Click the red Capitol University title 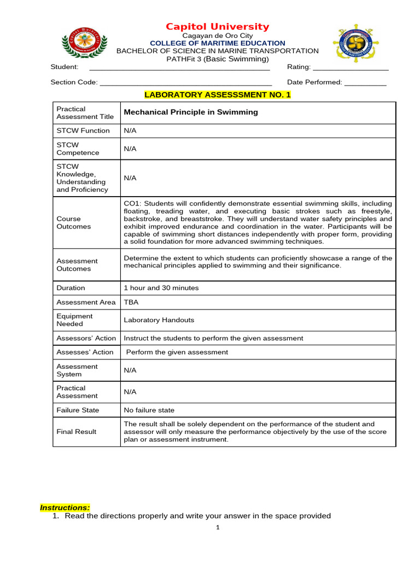tap(218, 27)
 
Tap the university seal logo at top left tap(85, 42)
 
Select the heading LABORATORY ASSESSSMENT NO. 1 tap(218, 95)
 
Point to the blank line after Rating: tap(351, 68)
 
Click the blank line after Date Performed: tap(365, 83)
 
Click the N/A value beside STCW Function tap(130, 130)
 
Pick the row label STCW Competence tap(78, 149)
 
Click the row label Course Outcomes tap(74, 222)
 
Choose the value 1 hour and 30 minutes tap(161, 288)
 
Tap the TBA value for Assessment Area tap(131, 302)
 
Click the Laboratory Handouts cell tap(159, 320)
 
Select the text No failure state tap(149, 410)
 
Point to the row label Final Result tap(77, 432)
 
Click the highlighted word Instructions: tap(65, 508)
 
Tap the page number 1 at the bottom tap(218, 528)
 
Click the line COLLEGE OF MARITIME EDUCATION tap(218, 43)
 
